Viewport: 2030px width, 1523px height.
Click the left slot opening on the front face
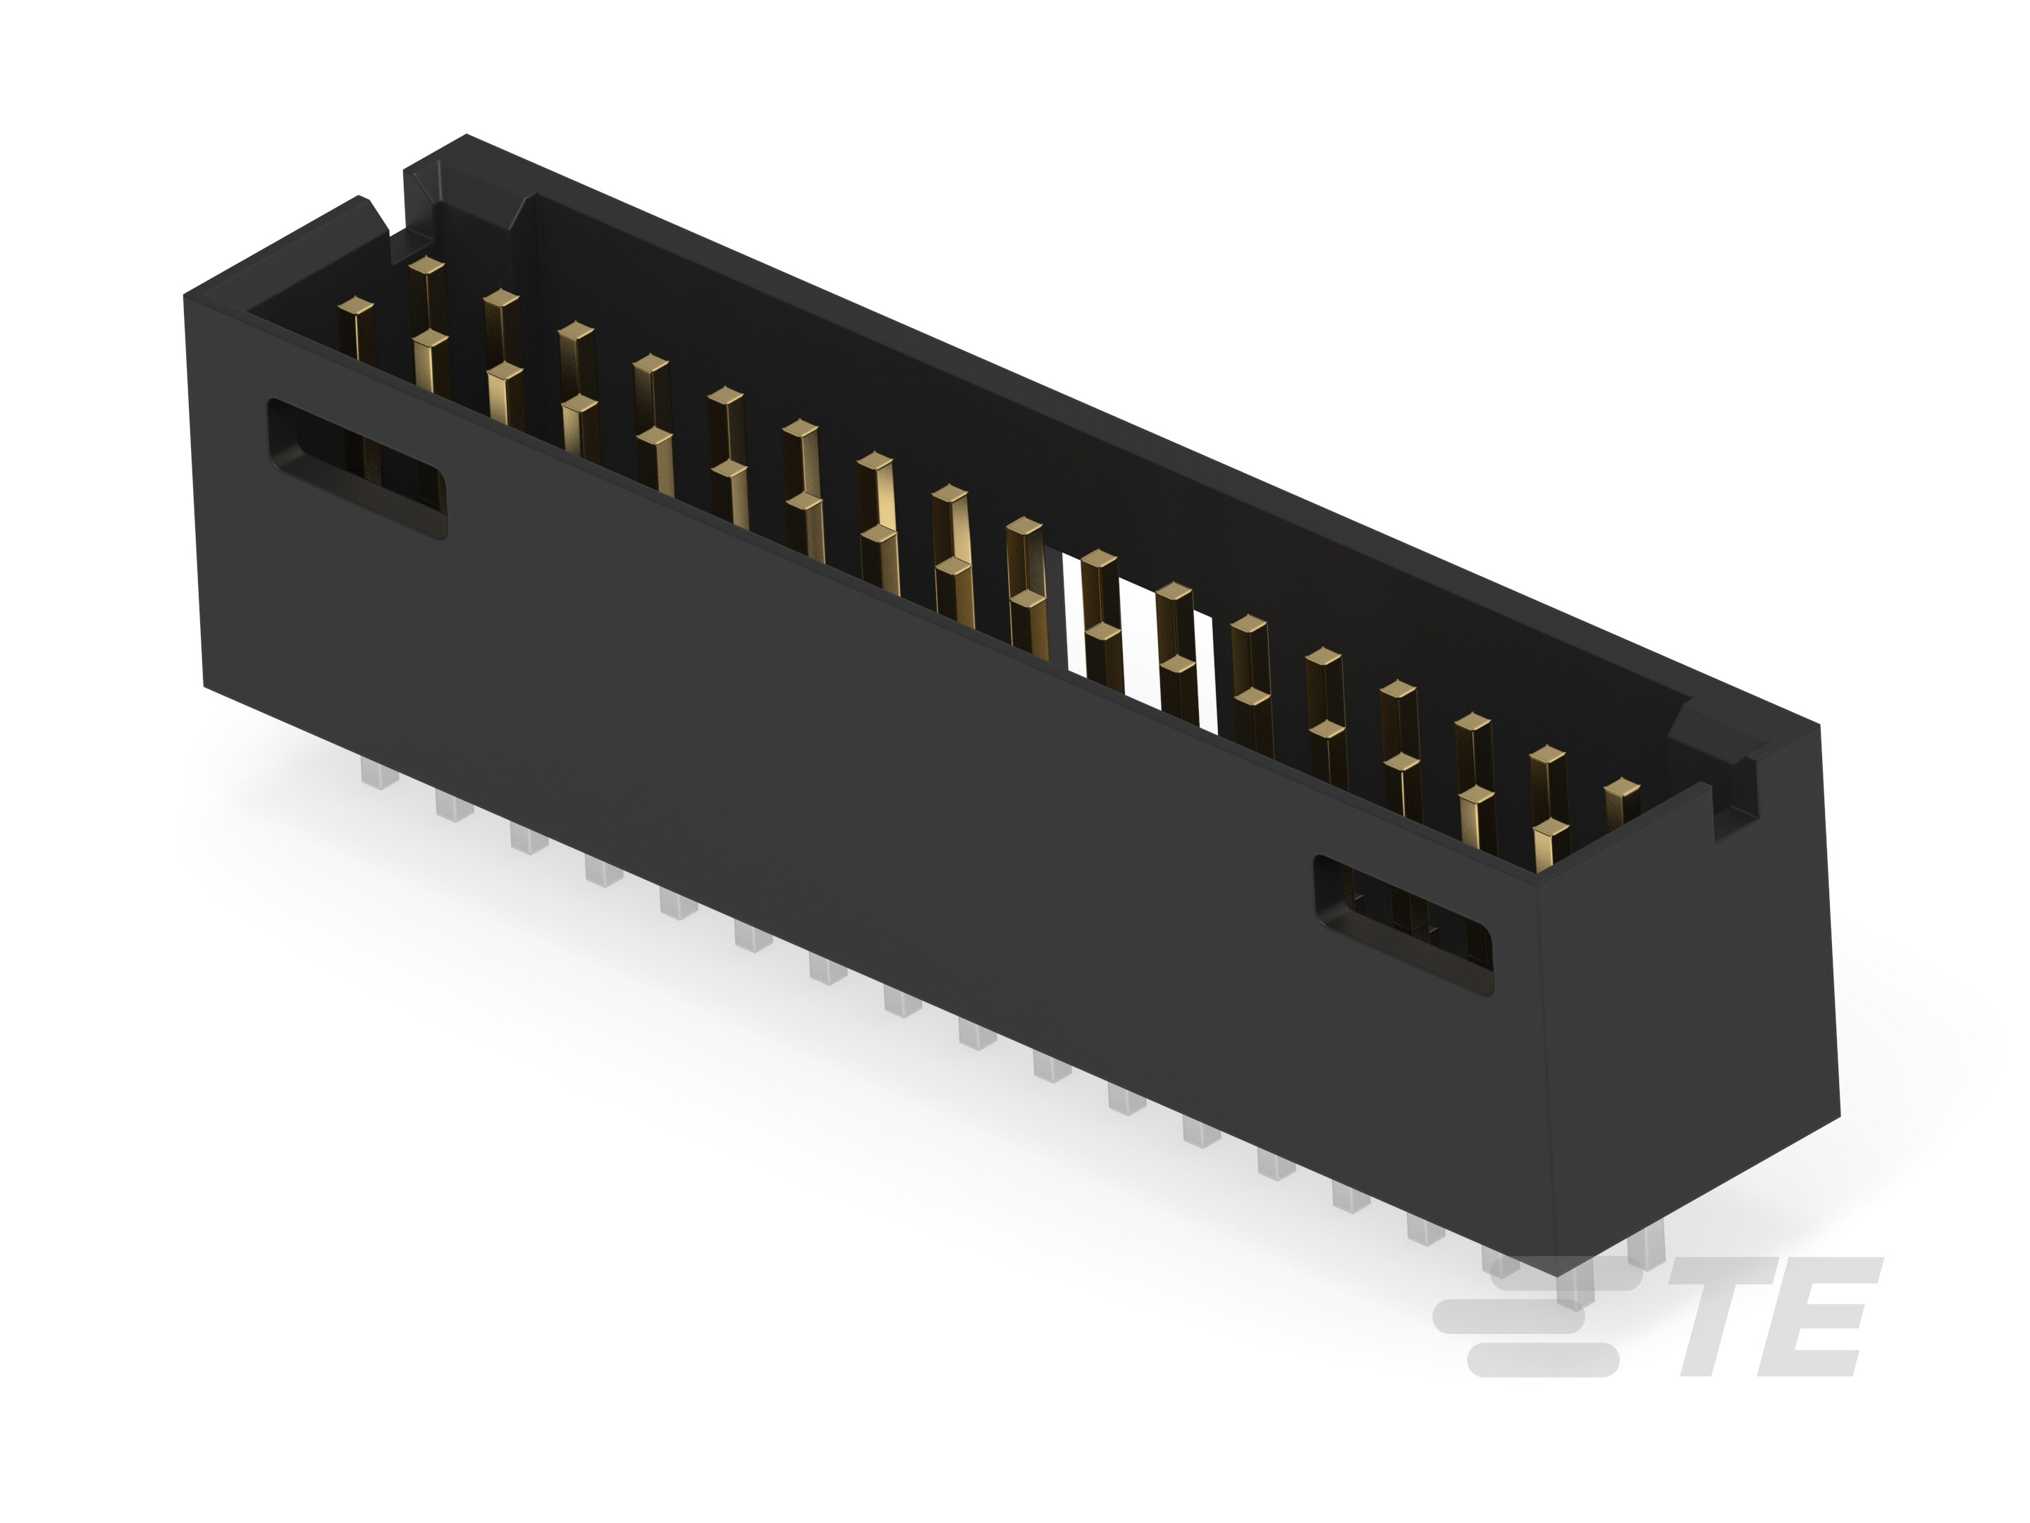[356, 467]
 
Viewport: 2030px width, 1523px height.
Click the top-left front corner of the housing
[186, 295]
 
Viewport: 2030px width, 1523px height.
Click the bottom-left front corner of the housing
[204, 685]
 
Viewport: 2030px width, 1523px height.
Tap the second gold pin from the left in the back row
[501, 298]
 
